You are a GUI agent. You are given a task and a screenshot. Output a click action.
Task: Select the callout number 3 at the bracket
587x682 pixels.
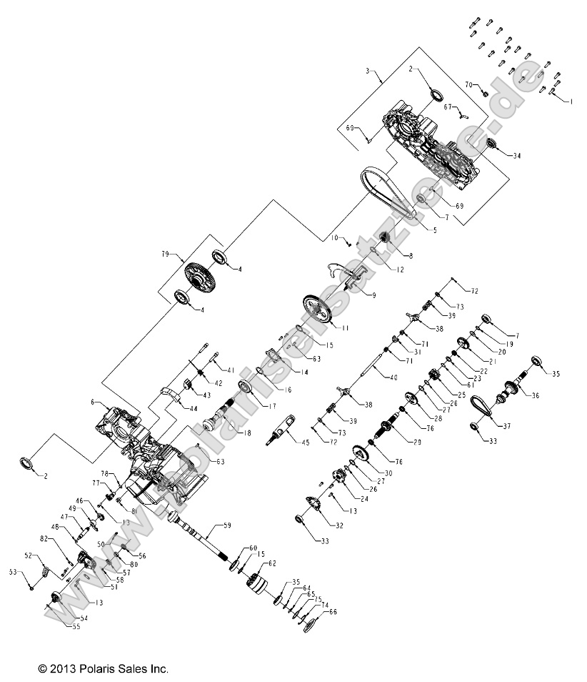coord(368,71)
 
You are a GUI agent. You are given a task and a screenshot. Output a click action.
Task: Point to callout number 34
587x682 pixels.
coord(517,155)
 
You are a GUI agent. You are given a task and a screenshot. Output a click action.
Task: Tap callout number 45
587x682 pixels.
coord(305,443)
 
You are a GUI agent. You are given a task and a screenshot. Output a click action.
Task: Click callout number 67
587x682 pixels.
coord(448,107)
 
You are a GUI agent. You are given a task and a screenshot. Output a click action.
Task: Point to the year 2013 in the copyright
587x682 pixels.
coord(59,669)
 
